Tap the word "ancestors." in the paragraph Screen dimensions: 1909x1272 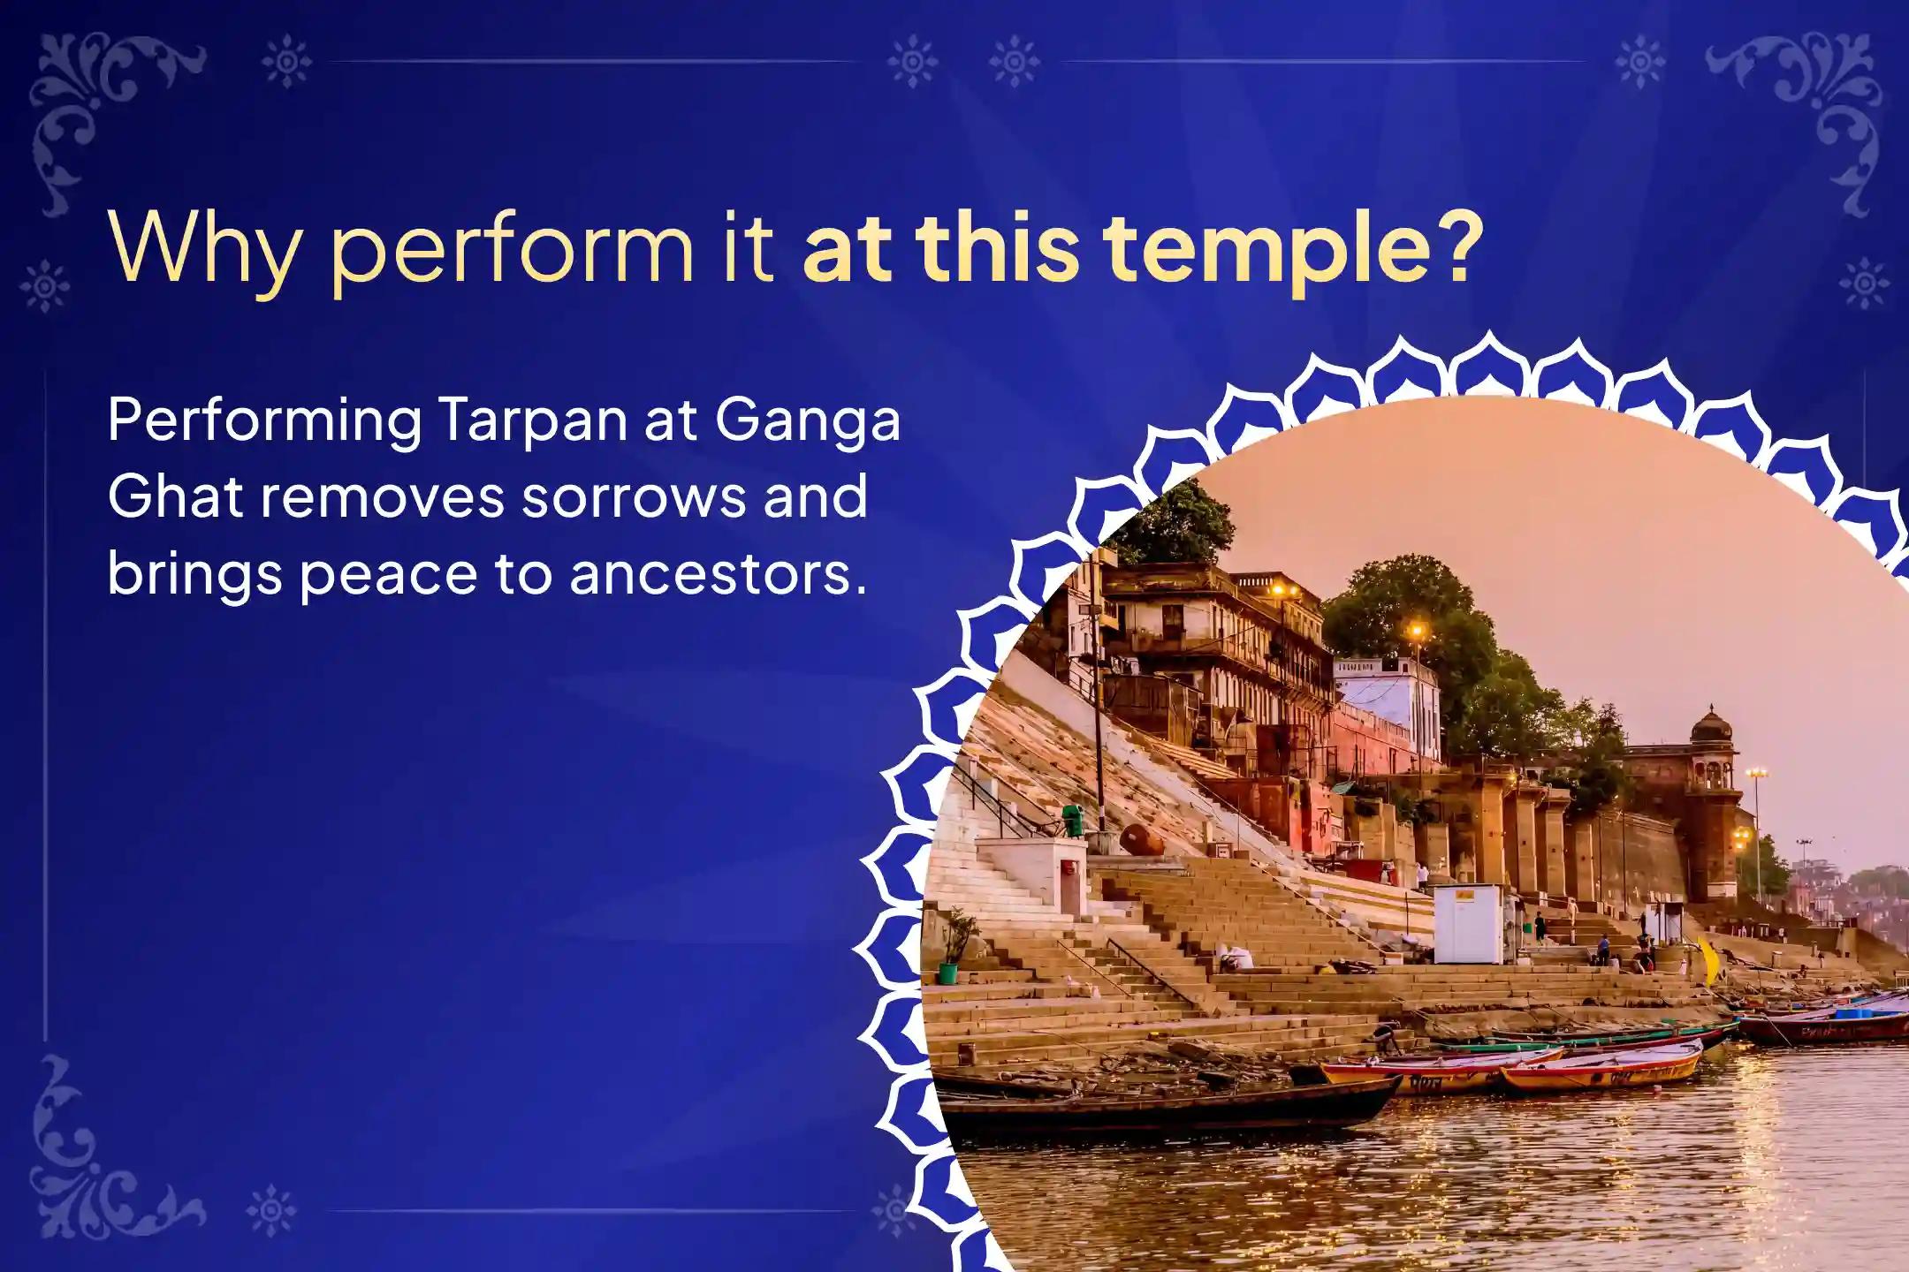click(x=715, y=574)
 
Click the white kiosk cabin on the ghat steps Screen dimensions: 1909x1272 click(x=1468, y=923)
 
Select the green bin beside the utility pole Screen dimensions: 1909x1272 click(x=1073, y=821)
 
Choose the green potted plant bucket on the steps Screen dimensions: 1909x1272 click(x=947, y=973)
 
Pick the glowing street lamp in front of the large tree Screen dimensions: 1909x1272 click(x=1417, y=631)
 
